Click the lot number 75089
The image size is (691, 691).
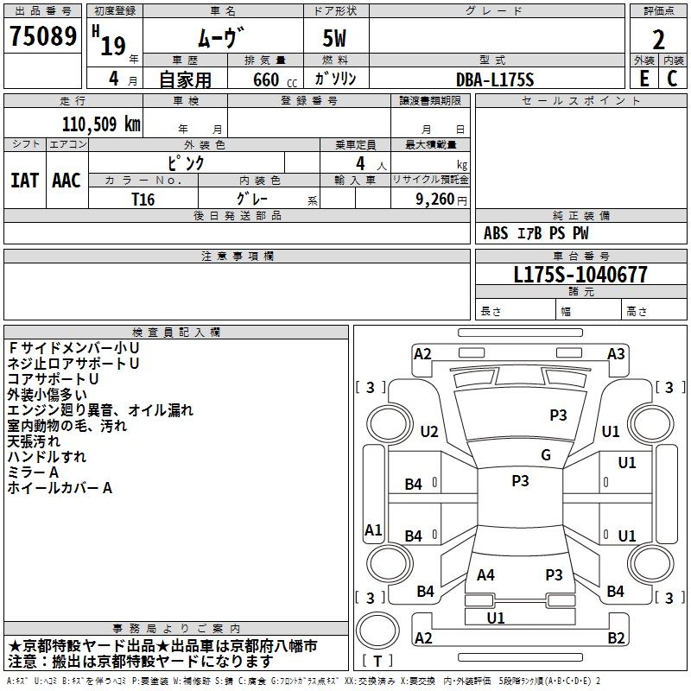(x=41, y=38)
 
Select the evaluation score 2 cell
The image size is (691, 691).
(x=658, y=39)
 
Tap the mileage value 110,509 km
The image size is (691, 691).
(x=101, y=124)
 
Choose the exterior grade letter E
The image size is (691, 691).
(x=643, y=79)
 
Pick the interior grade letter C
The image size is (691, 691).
(x=673, y=79)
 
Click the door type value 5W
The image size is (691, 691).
(x=336, y=39)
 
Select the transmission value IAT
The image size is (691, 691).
(x=24, y=181)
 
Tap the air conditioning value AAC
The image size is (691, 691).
(x=67, y=181)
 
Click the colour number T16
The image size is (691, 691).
(x=143, y=199)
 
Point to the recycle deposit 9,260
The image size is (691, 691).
(x=434, y=199)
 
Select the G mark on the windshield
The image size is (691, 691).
(x=546, y=455)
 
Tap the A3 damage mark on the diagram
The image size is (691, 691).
(x=616, y=353)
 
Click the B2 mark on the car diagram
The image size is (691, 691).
(x=616, y=638)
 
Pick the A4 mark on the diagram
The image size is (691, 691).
(x=485, y=574)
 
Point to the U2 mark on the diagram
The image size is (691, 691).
(x=429, y=432)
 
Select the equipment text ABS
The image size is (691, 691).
(x=496, y=233)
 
